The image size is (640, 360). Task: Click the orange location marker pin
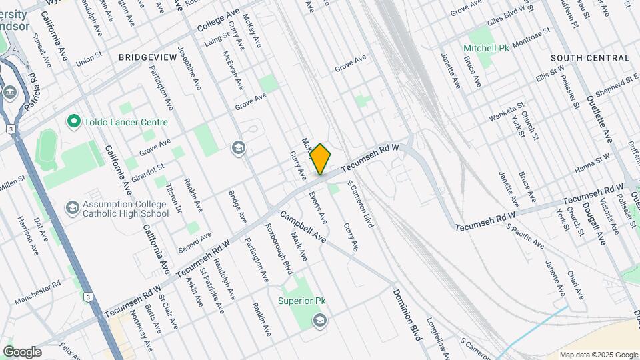point(320,159)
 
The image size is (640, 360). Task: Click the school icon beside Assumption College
point(71,208)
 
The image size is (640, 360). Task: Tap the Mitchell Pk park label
point(487,49)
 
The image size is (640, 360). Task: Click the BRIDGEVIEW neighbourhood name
point(147,58)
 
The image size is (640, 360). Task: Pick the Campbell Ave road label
point(303,227)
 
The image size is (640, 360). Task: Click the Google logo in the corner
point(22,351)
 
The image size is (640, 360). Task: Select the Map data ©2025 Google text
point(598,355)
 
